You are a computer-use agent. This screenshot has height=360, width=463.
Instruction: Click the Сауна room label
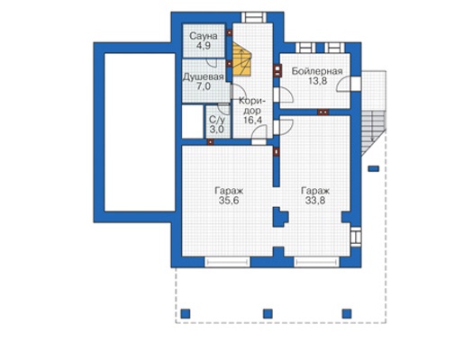click(x=204, y=36)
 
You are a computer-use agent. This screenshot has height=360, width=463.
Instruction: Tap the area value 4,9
click(x=204, y=46)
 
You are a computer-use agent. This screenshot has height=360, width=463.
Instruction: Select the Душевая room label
click(x=204, y=76)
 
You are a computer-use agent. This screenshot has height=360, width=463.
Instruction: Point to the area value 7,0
click(x=204, y=86)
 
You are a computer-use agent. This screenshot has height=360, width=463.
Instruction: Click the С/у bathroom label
click(x=217, y=120)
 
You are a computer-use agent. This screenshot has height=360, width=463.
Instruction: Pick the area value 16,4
click(x=252, y=121)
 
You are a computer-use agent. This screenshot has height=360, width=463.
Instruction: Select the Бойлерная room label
click(x=317, y=71)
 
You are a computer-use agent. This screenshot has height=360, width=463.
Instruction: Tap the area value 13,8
click(x=318, y=81)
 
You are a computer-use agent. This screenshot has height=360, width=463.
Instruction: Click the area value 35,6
click(x=229, y=201)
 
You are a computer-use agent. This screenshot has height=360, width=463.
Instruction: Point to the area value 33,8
click(x=315, y=201)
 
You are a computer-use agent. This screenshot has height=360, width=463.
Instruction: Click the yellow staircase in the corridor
click(x=242, y=58)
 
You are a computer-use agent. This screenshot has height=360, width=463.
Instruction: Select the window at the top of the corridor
click(x=254, y=17)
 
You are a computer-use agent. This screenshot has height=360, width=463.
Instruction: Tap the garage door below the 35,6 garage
click(x=227, y=262)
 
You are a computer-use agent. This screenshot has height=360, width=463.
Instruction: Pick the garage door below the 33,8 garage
click(x=317, y=262)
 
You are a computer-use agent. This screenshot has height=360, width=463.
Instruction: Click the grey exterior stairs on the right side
click(x=373, y=133)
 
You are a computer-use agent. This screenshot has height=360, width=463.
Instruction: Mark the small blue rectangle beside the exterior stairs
click(x=374, y=169)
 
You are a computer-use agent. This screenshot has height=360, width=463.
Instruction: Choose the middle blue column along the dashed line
click(x=268, y=314)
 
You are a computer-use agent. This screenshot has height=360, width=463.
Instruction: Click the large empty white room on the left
click(x=140, y=132)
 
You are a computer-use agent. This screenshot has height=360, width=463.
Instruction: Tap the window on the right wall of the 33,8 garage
click(x=356, y=236)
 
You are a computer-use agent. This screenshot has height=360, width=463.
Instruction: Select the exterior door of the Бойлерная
click(x=356, y=84)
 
